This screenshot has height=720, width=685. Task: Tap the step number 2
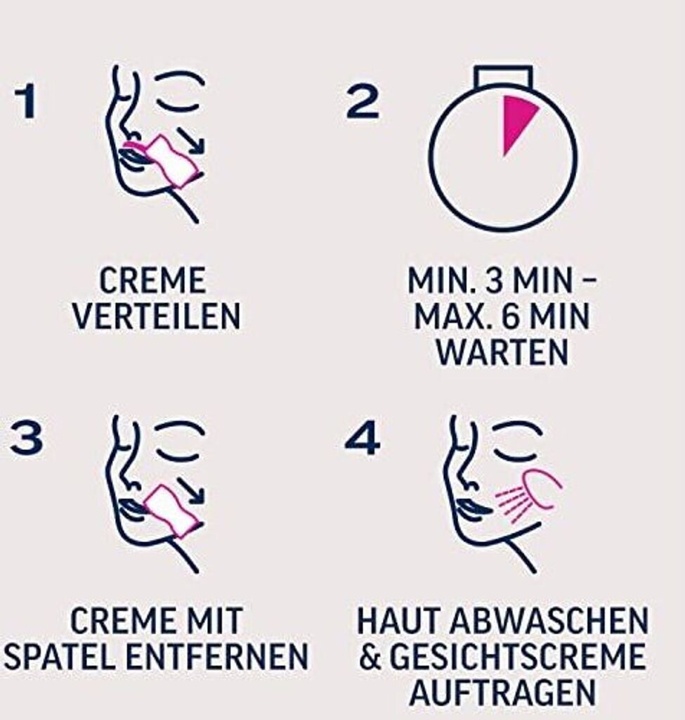[363, 101]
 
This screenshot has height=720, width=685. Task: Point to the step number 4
[362, 438]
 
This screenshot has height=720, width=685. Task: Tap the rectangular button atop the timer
[503, 77]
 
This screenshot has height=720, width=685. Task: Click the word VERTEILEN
[157, 316]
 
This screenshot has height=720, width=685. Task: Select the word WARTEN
[502, 353]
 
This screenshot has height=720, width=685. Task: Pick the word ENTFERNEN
[216, 657]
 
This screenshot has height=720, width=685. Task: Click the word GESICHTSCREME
[518, 657]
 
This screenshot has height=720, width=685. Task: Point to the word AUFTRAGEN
[502, 693]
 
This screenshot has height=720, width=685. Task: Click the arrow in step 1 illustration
[191, 140]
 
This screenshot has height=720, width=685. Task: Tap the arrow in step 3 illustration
[191, 490]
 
